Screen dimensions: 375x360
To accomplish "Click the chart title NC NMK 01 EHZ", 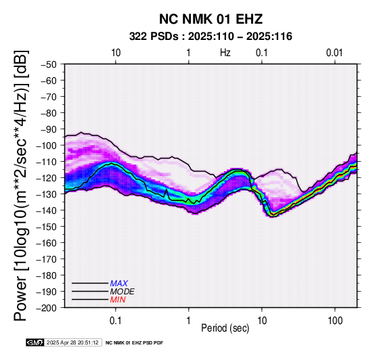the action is click(211, 19).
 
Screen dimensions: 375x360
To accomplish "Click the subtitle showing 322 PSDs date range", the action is click(211, 37).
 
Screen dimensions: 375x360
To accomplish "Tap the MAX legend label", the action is click(118, 284).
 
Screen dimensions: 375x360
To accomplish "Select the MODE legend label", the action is click(122, 292).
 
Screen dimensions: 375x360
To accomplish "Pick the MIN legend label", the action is click(118, 300).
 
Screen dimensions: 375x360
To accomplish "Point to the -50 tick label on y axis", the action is click(49, 64).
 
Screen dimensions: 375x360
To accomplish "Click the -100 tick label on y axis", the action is click(47, 145).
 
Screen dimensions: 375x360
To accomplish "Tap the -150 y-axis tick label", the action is click(47, 226).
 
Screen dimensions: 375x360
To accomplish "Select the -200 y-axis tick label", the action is click(47, 308).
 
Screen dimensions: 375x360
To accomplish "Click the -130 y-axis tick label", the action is click(47, 194).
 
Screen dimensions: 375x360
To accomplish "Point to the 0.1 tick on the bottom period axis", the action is click(116, 320).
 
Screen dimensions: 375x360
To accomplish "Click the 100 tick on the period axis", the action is click(335, 320).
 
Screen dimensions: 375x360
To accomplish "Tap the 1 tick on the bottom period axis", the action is click(189, 320).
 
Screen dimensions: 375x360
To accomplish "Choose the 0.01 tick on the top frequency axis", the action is click(334, 53).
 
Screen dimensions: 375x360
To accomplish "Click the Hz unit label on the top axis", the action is click(225, 53).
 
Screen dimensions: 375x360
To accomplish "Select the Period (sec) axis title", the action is click(225, 328).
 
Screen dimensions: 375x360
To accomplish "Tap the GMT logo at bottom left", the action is click(35, 342).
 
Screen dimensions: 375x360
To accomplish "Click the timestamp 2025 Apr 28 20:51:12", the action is click(72, 342).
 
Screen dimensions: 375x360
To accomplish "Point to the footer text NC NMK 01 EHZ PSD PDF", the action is click(135, 343).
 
